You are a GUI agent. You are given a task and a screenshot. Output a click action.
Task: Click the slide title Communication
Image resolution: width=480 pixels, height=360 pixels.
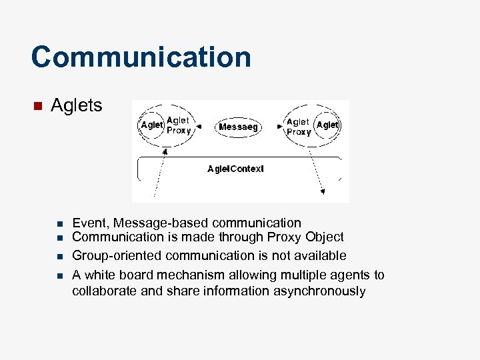pos(141,57)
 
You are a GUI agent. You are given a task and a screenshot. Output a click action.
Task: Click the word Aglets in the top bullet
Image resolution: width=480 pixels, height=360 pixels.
pos(77,105)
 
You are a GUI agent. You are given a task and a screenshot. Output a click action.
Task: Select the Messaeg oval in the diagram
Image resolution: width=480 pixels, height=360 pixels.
pos(239,127)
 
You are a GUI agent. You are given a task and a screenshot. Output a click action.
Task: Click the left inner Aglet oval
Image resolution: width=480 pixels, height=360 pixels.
pos(151,125)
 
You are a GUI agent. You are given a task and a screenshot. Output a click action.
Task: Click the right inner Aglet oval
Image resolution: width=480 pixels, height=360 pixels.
pos(327,125)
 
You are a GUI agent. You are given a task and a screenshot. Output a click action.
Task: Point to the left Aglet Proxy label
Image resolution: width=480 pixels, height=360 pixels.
pos(179,125)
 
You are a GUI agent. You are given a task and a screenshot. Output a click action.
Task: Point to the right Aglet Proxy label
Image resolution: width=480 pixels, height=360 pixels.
pos(298,127)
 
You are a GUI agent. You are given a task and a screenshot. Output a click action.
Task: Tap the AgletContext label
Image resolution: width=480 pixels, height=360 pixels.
pos(235,169)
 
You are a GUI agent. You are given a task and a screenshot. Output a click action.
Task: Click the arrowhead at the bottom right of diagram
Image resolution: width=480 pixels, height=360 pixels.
pos(323,192)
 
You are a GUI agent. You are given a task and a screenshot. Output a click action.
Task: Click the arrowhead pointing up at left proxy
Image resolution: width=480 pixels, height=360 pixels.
pos(166,152)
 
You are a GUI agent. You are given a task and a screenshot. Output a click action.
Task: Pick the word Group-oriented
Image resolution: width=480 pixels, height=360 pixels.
pos(117,256)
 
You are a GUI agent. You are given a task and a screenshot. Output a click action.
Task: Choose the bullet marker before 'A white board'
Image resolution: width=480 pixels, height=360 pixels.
pos(59,275)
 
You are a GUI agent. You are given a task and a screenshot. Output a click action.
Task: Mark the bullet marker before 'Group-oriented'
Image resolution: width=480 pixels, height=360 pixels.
pos(59,256)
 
